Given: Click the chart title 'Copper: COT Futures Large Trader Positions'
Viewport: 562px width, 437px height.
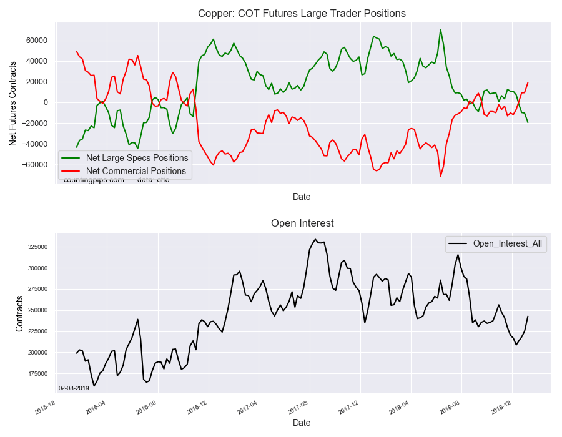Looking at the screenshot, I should [302, 13].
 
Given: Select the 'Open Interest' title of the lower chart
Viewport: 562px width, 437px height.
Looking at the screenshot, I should [302, 223].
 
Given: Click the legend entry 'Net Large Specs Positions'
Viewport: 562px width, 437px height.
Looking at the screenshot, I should [137, 158].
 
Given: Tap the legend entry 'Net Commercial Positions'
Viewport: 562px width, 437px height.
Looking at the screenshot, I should [136, 171].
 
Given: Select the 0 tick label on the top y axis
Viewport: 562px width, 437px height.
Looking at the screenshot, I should [45, 102].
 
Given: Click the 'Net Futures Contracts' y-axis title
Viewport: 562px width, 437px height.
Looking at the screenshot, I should [13, 102].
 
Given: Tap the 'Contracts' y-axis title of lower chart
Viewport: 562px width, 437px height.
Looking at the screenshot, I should [19, 310].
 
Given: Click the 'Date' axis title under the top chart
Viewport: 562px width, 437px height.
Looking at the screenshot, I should [302, 197].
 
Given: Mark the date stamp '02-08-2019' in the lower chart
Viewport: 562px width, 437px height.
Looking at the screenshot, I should [74, 388].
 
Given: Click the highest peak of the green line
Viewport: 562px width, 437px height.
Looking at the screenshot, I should [440, 29].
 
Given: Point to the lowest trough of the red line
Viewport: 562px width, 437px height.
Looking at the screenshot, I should [440, 176].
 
